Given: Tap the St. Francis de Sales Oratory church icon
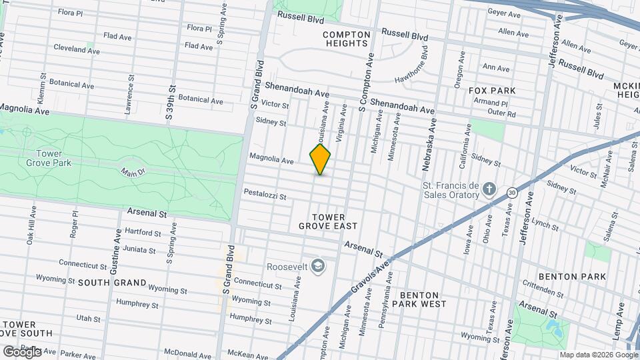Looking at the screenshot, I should tap(489, 189).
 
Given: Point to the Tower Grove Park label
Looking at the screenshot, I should tap(44, 157).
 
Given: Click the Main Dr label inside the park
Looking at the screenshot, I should tap(133, 173).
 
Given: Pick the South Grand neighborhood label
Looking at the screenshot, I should tap(112, 283).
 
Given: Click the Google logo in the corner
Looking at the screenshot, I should tap(21, 351).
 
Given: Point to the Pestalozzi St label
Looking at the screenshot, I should tap(265, 196).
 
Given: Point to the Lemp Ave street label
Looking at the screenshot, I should tap(618, 319).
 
